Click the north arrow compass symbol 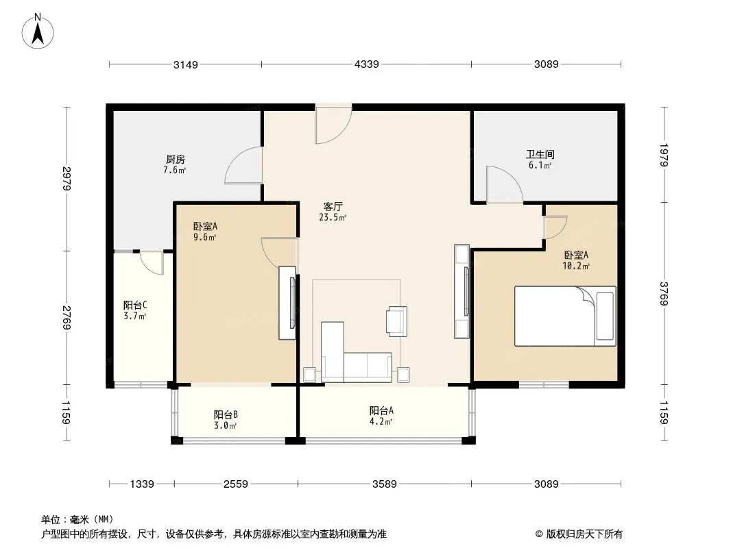38,32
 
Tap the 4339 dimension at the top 366,64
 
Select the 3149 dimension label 186,64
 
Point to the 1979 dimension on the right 664,155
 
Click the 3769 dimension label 664,293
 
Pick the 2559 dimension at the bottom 235,484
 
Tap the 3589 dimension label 384,484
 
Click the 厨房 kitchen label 176,160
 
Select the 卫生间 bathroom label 540,154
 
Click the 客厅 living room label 333,206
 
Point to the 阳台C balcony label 135,305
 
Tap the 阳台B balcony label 226,414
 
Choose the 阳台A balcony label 381,410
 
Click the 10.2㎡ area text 576,266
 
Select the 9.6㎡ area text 204,237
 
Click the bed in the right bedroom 565,316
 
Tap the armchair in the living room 397,321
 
